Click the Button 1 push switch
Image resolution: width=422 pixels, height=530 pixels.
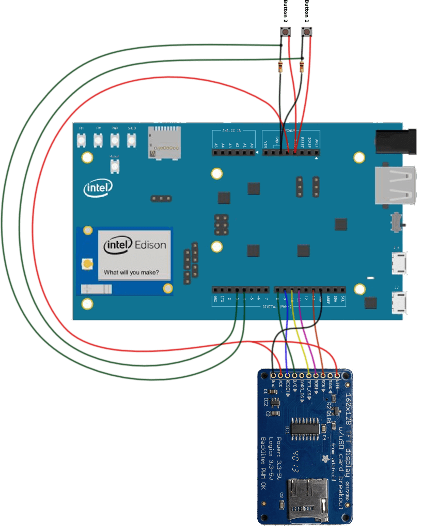click(307, 33)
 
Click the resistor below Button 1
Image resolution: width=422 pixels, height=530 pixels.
click(302, 66)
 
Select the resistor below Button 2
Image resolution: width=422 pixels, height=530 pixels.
click(280, 66)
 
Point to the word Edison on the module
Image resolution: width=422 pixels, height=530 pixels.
click(150, 245)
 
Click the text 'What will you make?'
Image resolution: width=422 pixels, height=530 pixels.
click(131, 272)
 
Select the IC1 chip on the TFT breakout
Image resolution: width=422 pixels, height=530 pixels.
click(304, 429)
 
